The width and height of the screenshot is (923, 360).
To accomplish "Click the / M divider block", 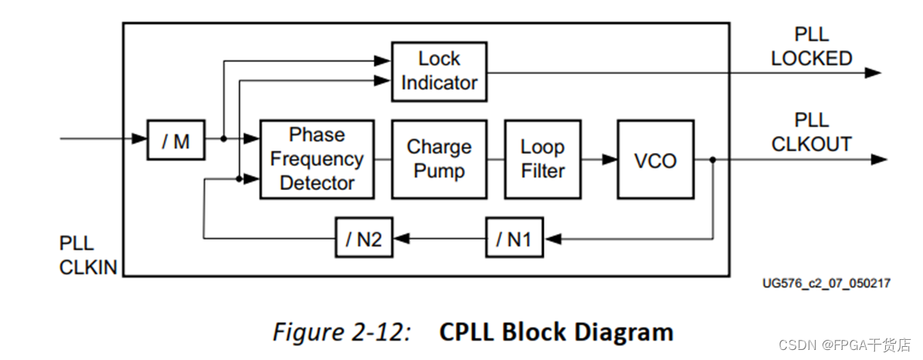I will coord(176,140).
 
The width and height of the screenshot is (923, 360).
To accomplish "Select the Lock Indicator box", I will coord(439,71).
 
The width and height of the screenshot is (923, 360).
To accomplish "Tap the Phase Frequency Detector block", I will coord(317,159).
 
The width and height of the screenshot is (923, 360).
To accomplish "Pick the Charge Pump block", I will coord(439,159).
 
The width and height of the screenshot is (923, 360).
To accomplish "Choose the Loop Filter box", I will coord(542,159).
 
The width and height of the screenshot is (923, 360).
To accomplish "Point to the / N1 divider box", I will coord(514,239).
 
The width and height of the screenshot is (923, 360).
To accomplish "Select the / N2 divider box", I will coord(363,239).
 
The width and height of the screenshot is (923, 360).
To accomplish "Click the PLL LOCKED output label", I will coord(811,47).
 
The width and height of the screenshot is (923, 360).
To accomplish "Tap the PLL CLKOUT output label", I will coord(811,132).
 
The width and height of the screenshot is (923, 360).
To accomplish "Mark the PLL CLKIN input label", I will coord(87,256).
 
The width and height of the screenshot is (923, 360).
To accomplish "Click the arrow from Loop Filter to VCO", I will coord(599,159).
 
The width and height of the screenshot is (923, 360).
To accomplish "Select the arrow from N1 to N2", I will coord(439,239).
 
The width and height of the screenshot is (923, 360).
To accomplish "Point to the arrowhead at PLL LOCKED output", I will coord(873,73).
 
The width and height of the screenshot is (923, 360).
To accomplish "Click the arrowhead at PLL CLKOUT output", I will coord(877,159).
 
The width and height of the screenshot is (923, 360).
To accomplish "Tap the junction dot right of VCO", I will coord(712,159).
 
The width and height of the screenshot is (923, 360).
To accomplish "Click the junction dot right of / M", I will coord(222,140).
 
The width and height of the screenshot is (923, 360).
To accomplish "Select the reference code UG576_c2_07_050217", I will coord(826,284).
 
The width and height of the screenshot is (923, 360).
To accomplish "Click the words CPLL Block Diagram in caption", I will coord(556,332).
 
